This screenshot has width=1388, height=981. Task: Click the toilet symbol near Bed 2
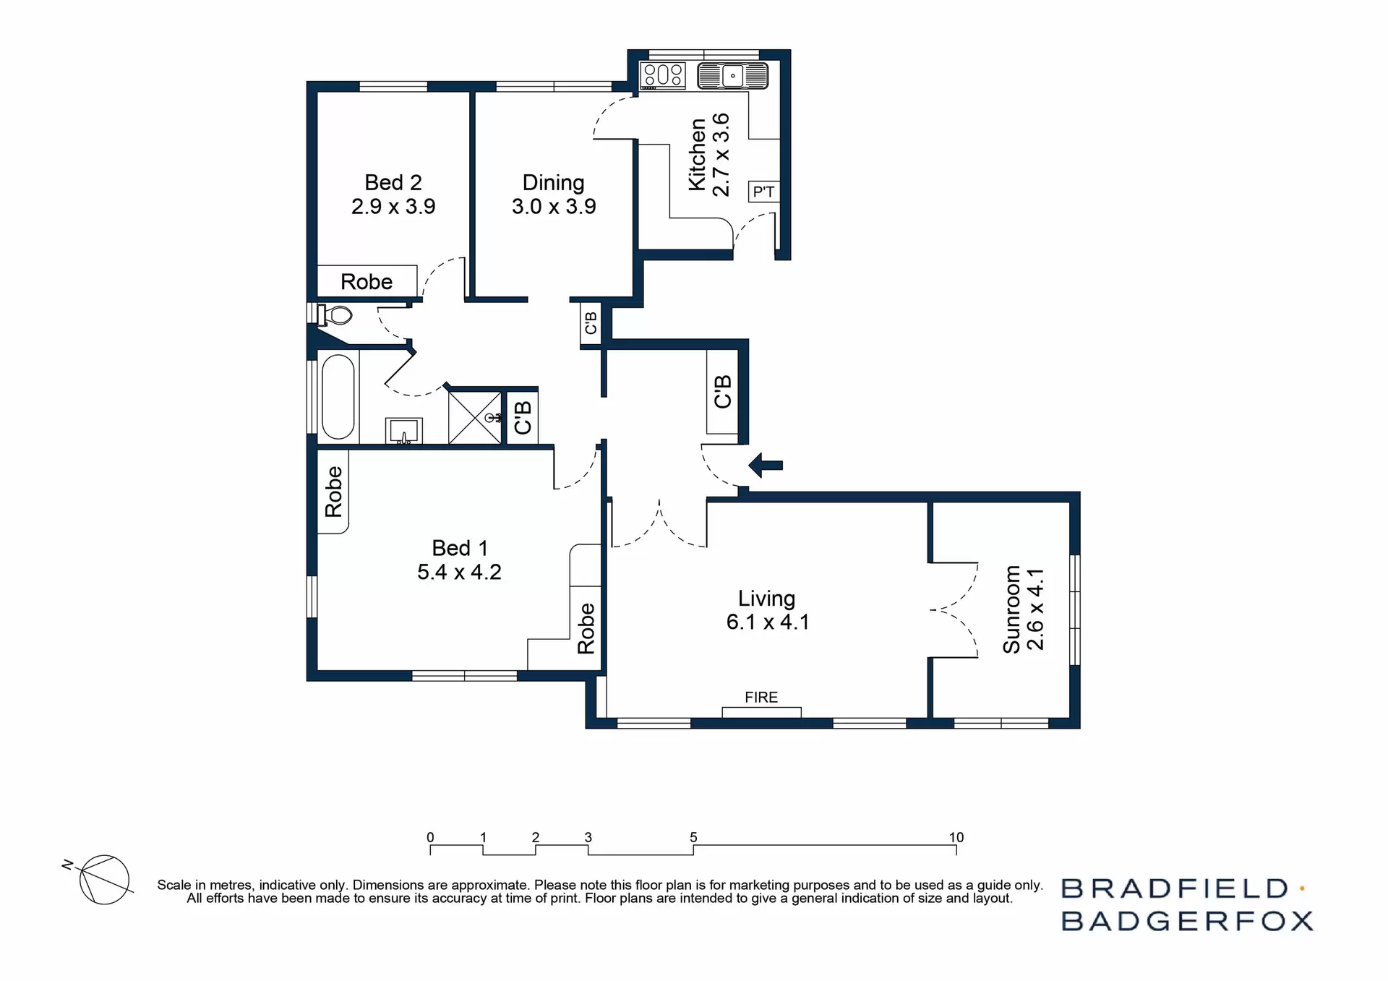point(336,315)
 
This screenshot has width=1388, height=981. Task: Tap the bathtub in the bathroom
point(338,396)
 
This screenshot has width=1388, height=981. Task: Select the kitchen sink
point(732,75)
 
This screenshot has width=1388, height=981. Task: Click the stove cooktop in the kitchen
point(663,74)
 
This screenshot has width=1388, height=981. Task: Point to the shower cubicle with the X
point(474,417)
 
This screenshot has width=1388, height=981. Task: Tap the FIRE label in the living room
point(761,697)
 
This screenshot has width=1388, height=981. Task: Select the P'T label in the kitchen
point(763,192)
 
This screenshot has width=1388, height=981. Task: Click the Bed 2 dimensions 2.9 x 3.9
point(393,207)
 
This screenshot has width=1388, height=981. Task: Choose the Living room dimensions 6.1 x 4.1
point(768,622)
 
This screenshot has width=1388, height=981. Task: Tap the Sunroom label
point(1011,609)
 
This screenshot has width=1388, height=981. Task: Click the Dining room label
point(553,182)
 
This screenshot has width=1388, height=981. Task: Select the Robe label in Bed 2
point(367,281)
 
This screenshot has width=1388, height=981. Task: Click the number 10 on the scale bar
point(956,837)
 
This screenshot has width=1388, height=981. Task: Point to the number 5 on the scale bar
point(693,837)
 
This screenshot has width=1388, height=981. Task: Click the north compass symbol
point(103,879)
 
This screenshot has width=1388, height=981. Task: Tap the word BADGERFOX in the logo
point(1186,921)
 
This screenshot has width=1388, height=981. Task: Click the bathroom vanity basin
point(403,432)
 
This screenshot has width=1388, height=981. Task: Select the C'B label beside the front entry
point(722,391)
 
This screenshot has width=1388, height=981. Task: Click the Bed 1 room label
point(459,548)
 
